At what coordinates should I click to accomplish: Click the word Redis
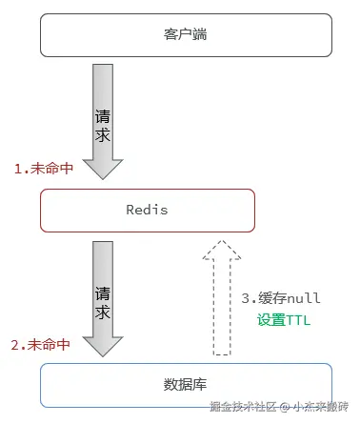tap(147, 210)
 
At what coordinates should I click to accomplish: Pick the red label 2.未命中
tap(41, 343)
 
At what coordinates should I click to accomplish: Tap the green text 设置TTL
tap(284, 320)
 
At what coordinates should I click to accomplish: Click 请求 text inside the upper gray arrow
tap(103, 126)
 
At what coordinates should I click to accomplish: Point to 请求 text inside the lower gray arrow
tap(103, 301)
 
